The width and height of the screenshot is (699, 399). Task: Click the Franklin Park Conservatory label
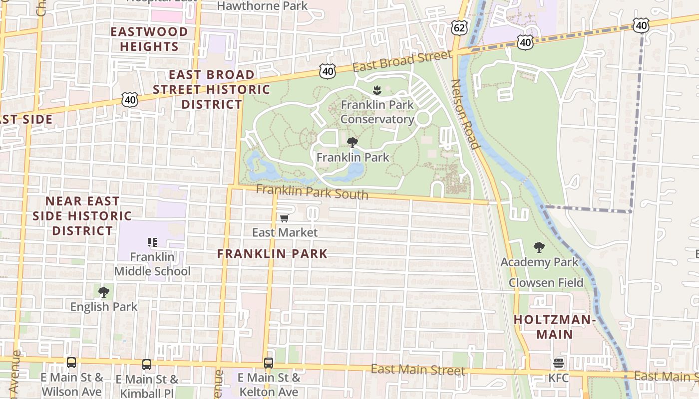(377, 112)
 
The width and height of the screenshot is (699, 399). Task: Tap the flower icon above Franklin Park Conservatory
(377, 90)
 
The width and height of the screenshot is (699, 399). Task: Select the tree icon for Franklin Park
(352, 143)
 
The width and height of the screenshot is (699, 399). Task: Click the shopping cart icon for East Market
(285, 218)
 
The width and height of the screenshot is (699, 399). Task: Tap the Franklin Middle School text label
(152, 264)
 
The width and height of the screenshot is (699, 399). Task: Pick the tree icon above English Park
(104, 292)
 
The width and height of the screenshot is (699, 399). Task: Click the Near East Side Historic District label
(82, 216)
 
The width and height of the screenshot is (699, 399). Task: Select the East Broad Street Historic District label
(212, 89)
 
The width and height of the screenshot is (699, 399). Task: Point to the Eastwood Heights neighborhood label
(149, 39)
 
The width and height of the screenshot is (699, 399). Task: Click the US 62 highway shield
(459, 27)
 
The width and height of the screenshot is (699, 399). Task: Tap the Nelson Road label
(465, 114)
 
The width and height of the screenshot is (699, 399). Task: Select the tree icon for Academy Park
(539, 247)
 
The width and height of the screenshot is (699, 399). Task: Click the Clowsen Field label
(546, 283)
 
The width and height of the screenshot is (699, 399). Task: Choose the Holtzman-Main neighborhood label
(555, 327)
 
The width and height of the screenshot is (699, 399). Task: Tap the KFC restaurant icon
(558, 363)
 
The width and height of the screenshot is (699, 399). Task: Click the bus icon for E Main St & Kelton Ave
(269, 363)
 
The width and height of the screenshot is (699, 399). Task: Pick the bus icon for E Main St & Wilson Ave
(71, 363)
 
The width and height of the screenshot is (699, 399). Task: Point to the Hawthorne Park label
(262, 6)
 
